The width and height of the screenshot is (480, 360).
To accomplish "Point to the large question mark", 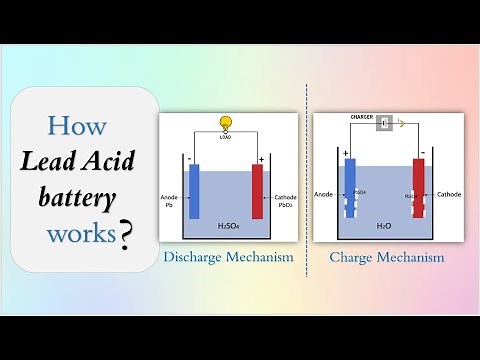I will click(x=126, y=236).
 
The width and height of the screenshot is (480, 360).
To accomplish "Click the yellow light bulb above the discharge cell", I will click(x=226, y=123).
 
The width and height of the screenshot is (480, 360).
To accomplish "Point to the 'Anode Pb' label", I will click(x=170, y=202).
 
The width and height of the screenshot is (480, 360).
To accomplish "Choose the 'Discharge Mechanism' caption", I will click(x=228, y=257).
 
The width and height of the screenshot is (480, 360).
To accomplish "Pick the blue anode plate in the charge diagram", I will click(x=350, y=190).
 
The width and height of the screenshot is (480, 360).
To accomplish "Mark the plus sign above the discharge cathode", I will click(x=260, y=158).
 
